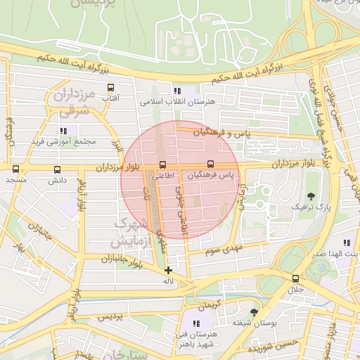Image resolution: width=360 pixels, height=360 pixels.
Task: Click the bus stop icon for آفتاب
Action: coord(110,88)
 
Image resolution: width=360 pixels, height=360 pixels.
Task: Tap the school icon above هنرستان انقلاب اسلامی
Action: coord(177,91)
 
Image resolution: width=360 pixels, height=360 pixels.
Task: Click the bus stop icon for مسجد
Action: coord(16,169)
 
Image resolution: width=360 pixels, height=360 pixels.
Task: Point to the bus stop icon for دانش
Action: coord(57,169)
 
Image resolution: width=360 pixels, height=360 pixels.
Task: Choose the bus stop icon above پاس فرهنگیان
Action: coord(211,165)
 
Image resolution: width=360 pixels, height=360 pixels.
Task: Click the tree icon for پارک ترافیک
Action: coord(311,196)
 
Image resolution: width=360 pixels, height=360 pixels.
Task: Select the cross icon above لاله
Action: coord(168,270)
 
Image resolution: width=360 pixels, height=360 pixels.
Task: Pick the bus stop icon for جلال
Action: coord(295,278)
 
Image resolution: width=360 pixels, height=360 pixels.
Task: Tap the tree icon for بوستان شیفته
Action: coord(254,311)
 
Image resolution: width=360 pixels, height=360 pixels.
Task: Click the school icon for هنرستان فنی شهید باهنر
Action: coord(195,323)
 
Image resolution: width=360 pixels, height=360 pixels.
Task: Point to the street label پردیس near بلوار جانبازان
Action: coord(110,316)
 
